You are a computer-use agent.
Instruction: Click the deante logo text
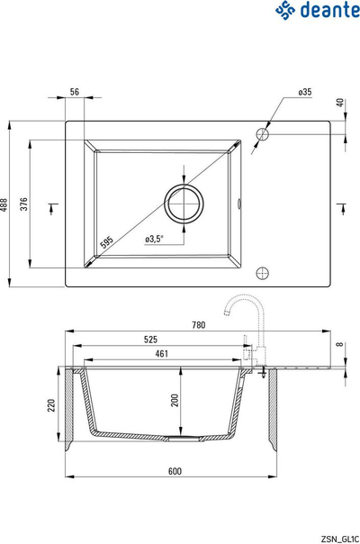click(329, 10)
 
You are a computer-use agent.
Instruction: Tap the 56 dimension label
click(75, 92)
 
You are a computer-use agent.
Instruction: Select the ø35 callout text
click(305, 92)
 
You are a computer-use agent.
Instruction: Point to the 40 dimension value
click(340, 103)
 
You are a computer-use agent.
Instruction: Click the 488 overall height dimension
click(4, 205)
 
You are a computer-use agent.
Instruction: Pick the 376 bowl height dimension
click(23, 204)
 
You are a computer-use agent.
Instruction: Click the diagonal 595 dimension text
click(106, 242)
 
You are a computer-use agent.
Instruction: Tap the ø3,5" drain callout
click(154, 239)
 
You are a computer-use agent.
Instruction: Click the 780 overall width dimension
click(198, 325)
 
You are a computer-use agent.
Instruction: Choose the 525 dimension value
click(150, 340)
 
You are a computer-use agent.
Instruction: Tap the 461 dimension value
click(162, 354)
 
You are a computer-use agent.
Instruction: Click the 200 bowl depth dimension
click(175, 401)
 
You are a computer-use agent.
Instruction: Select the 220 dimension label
click(51, 405)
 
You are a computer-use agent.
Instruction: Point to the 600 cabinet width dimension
click(175, 471)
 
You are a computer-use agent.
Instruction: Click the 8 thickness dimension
click(340, 344)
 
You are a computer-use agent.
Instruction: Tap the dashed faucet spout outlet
click(227, 313)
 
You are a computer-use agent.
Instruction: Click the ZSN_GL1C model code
click(340, 539)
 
